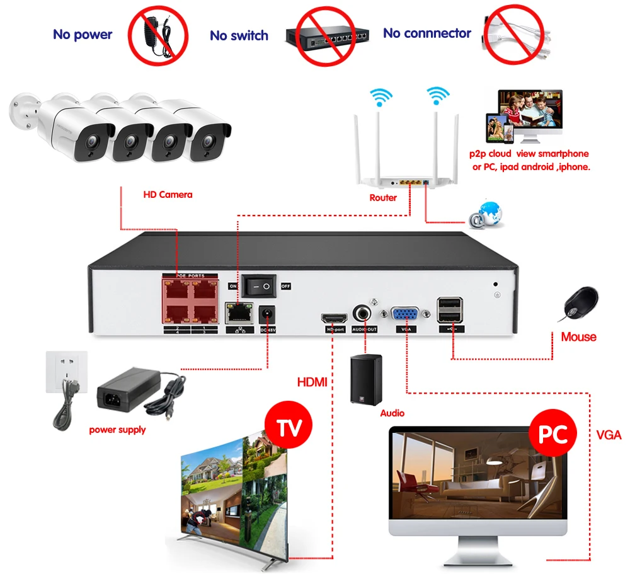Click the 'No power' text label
point(83,34)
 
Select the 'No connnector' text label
point(427,33)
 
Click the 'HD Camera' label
point(168,195)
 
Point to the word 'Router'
point(383,198)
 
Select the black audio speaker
point(366,380)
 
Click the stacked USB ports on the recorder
point(449,311)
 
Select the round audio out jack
point(364,313)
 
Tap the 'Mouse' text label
point(578,337)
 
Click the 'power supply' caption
point(117,430)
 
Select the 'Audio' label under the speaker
point(392,413)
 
